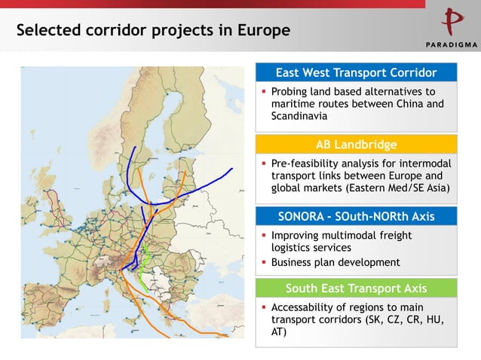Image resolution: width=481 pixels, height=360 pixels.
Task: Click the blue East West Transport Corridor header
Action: pyautogui.click(x=356, y=73)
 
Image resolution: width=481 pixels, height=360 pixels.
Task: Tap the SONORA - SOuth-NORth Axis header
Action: pyautogui.click(x=356, y=217)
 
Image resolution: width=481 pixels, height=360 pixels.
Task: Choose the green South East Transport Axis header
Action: pyautogui.click(x=356, y=288)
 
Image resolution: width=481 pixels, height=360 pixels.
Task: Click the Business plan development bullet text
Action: pyautogui.click(x=335, y=261)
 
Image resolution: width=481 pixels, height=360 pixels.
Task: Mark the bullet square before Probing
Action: pyautogui.click(x=264, y=92)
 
